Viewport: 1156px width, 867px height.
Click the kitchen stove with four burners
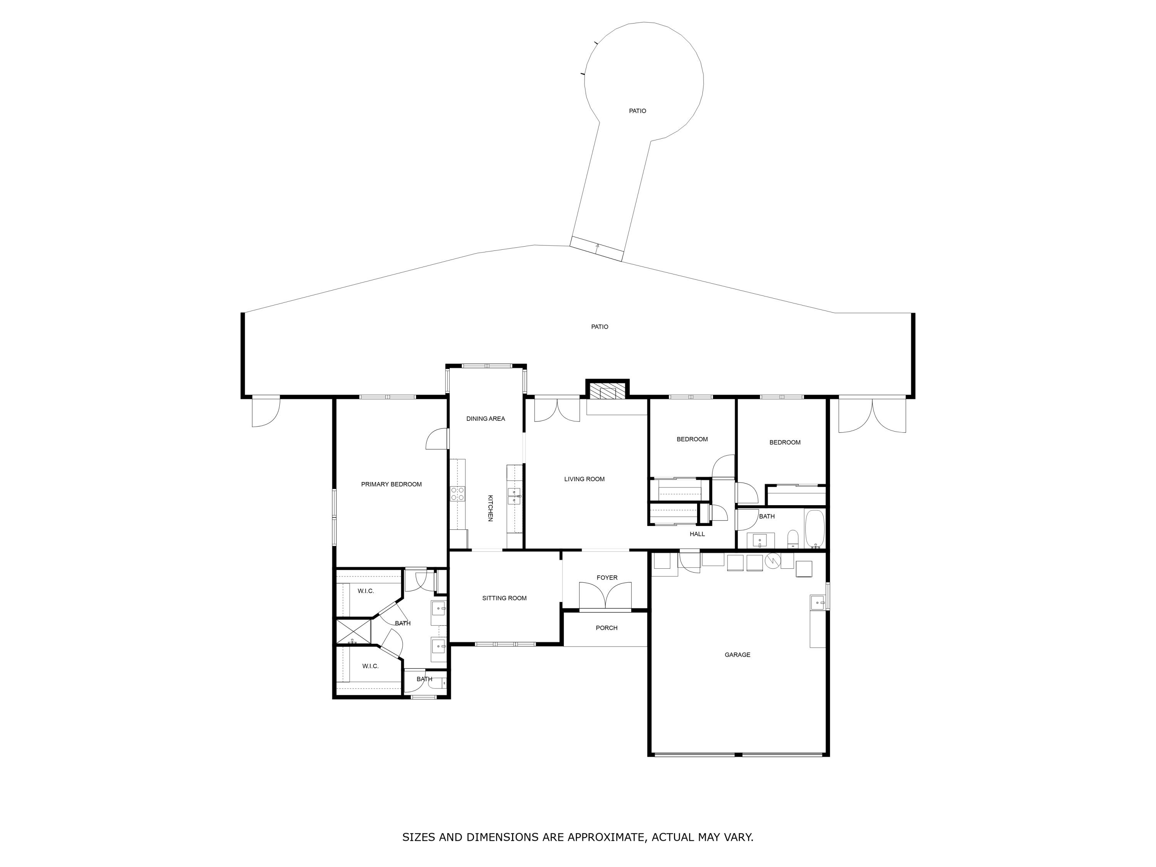click(x=458, y=494)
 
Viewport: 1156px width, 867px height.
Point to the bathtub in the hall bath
click(x=814, y=528)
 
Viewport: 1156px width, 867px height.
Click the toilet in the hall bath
click(x=793, y=538)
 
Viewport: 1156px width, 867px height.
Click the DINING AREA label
click(x=486, y=418)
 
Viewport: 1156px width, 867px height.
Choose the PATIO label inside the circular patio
click(x=637, y=111)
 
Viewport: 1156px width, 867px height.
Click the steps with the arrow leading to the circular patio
click(x=596, y=249)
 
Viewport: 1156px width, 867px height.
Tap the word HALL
click(x=697, y=534)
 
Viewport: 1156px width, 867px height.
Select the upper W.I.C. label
click(x=365, y=591)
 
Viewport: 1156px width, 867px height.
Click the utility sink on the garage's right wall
click(x=817, y=603)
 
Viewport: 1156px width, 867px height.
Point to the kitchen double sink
click(x=514, y=496)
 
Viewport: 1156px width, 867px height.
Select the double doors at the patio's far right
click(x=872, y=415)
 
